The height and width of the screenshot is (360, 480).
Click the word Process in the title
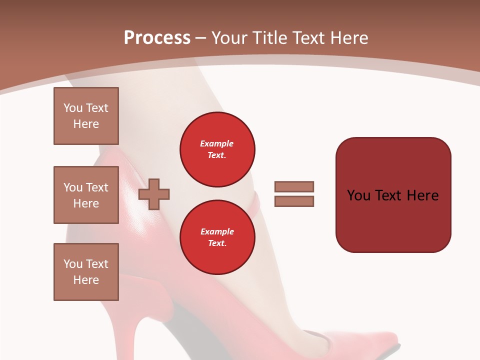157,38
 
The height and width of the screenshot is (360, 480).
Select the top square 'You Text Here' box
86,116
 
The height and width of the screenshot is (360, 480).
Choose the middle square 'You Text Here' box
86,195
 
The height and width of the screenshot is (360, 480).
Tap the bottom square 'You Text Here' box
86,271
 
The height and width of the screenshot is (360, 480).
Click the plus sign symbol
154,193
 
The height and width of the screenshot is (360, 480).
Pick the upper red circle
217,149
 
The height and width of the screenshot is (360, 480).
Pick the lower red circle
217,237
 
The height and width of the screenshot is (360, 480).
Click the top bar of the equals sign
294,186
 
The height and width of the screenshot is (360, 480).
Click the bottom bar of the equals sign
294,201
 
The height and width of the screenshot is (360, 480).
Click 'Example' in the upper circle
217,143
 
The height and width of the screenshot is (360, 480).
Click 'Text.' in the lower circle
217,243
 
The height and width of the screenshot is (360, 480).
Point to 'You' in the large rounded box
358,195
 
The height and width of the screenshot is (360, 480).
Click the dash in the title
201,38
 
